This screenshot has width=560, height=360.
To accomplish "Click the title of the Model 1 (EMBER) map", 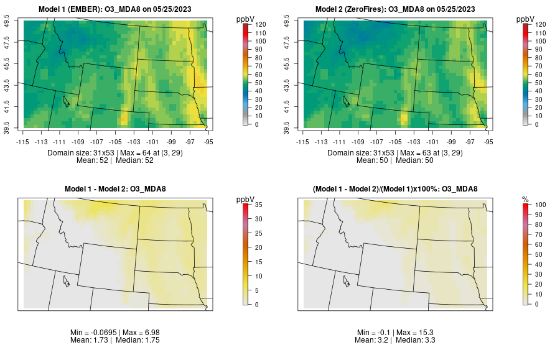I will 118,9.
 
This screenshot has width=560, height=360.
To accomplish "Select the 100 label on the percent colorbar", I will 536,204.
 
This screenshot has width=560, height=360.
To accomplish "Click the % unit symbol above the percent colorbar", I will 525,199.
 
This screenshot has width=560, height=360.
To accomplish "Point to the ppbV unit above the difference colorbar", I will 245,199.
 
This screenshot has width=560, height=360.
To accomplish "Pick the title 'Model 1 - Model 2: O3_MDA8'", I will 118,189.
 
